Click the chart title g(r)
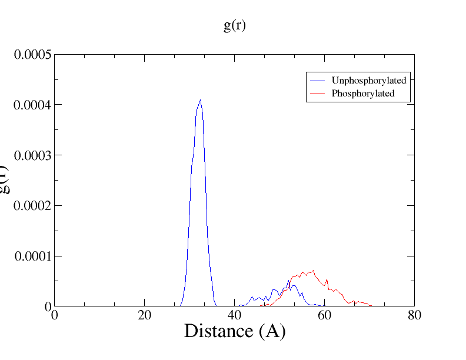[x=234, y=26]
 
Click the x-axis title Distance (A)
[x=234, y=331]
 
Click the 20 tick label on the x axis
[x=144, y=314]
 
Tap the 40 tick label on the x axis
[x=234, y=314]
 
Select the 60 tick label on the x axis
[x=324, y=314]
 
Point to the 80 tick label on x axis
[x=414, y=314]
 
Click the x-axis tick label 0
[x=54, y=314]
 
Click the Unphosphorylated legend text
[x=369, y=80]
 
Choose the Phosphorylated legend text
[x=362, y=93]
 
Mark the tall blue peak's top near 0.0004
[x=200, y=100]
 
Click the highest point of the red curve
[x=314, y=271]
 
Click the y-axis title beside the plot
[x=6, y=180]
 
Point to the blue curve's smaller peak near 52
[x=288, y=281]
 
